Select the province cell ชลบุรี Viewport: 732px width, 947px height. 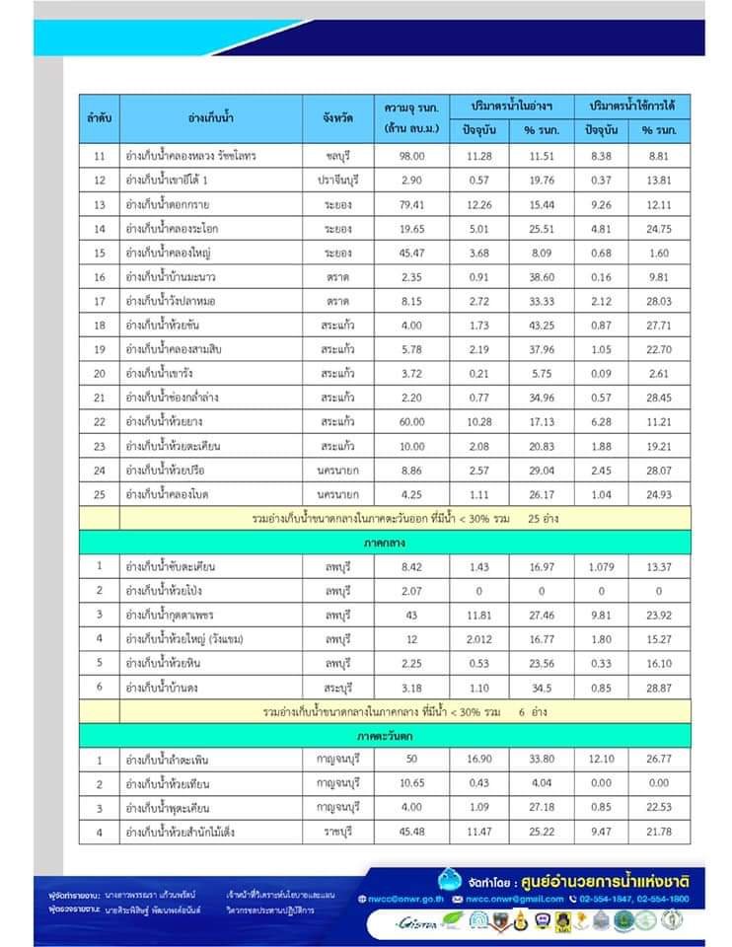pyautogui.click(x=338, y=156)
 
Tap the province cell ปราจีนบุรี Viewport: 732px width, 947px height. pyautogui.click(x=338, y=180)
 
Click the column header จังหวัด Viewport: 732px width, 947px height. pyautogui.click(x=338, y=117)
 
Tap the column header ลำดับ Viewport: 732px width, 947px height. pyautogui.click(x=99, y=117)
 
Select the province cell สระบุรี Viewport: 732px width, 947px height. pyautogui.click(x=338, y=686)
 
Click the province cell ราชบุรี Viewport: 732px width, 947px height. pyautogui.click(x=338, y=833)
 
